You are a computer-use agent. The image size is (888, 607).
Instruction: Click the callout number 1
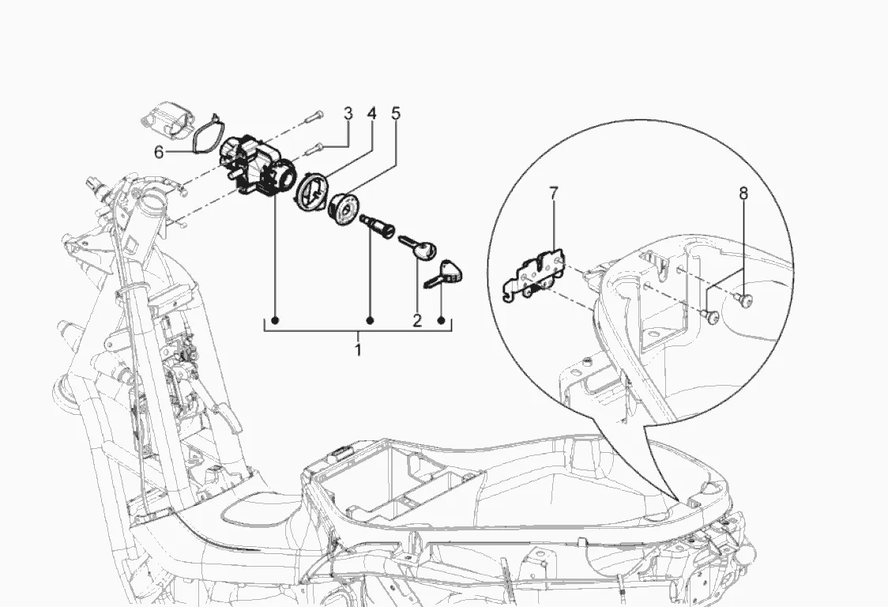coord(358,349)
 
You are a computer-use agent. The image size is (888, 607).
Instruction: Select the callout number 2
coord(417,321)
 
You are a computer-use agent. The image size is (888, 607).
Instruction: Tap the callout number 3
coord(348,114)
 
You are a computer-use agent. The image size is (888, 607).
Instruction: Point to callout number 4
coord(371,114)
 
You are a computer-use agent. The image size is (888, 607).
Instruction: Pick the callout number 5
coord(396,113)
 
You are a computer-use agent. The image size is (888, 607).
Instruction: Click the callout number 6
coord(159,152)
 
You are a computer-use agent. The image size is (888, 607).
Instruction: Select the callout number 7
coord(554,194)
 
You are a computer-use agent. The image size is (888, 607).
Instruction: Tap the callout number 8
coord(743,194)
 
